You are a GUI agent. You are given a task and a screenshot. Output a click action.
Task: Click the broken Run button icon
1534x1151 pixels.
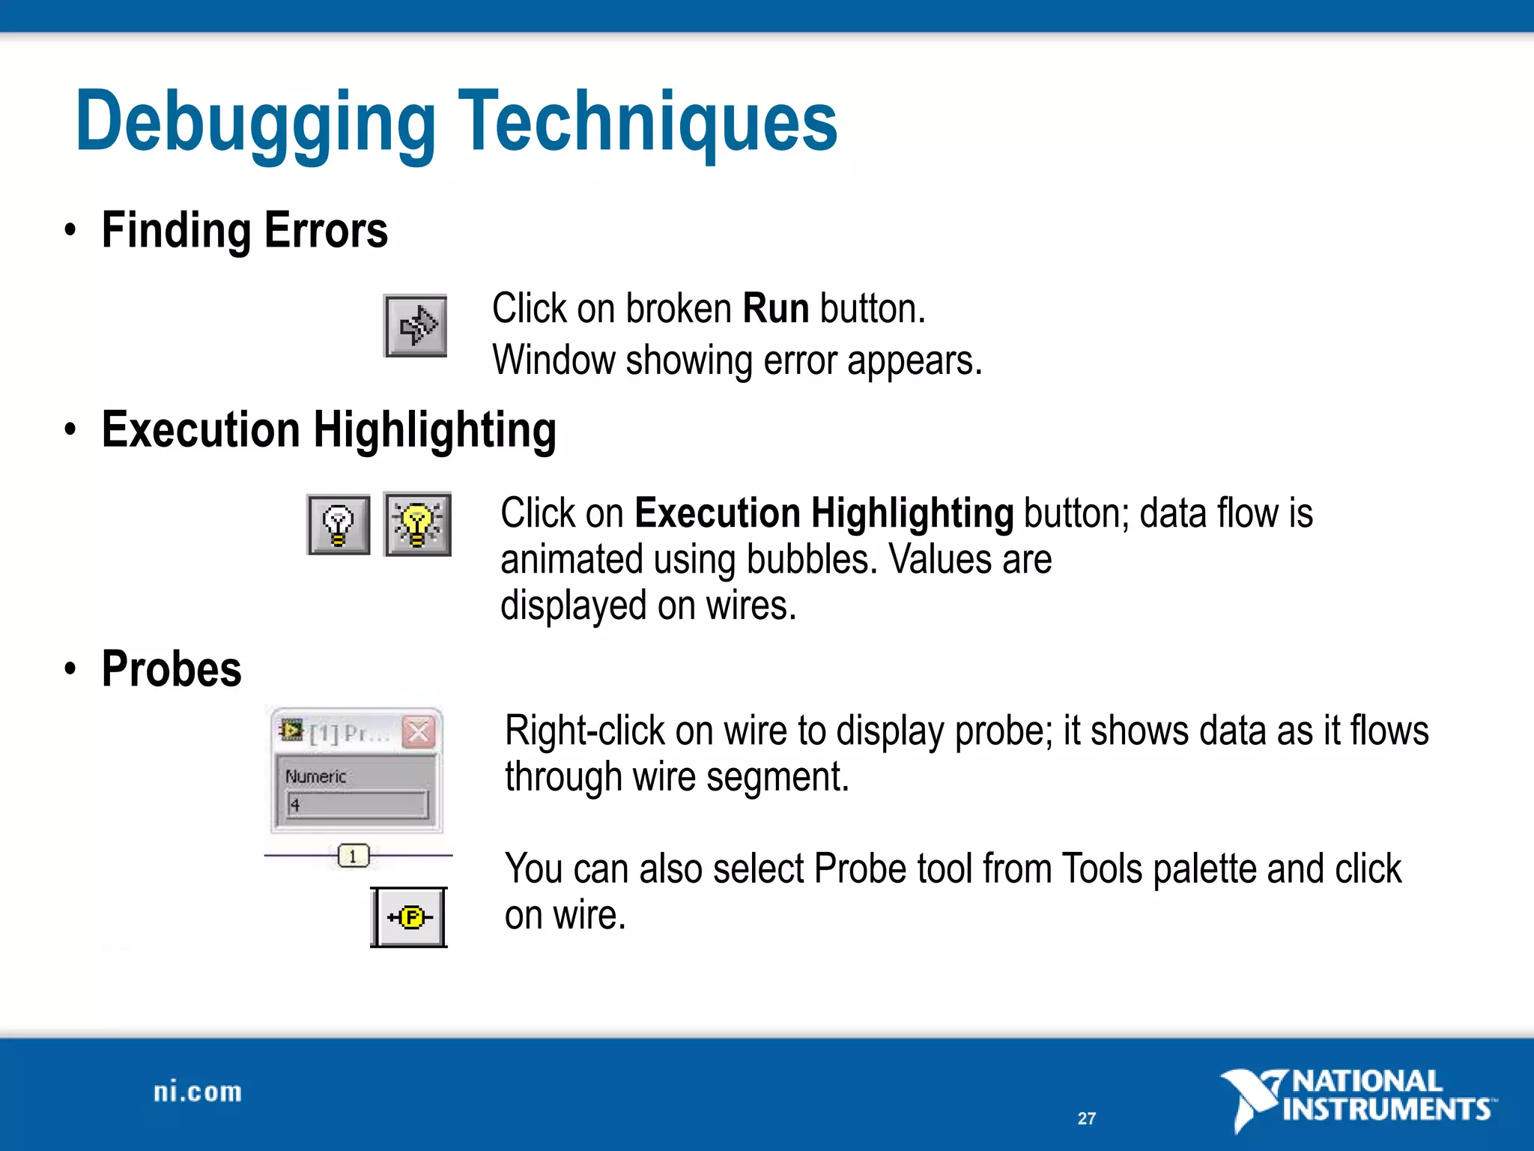[416, 326]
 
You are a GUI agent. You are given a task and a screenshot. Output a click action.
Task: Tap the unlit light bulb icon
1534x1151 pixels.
[339, 525]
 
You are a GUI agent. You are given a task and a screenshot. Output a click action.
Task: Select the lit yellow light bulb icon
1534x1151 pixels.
[418, 525]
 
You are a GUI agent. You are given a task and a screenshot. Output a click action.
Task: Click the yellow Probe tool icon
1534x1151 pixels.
[410, 917]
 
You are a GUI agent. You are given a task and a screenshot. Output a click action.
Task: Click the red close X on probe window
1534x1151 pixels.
[419, 732]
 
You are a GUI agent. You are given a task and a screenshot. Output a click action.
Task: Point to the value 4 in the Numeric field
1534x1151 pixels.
[295, 805]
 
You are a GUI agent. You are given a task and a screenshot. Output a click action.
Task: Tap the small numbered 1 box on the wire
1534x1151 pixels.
[353, 856]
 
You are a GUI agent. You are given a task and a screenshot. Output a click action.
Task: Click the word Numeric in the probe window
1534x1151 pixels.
[315, 777]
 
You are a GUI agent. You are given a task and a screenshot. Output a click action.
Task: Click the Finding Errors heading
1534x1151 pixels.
[244, 230]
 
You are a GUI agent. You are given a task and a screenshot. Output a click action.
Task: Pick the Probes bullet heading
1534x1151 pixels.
[172, 669]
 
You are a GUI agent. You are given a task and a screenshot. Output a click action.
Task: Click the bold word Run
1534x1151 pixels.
[775, 309]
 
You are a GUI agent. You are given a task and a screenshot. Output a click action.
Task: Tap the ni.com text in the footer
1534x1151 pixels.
[198, 1093]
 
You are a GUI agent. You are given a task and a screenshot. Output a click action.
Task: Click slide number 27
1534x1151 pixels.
[1086, 1119]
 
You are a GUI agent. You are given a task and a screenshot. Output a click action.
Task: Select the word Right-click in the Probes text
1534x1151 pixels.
[584, 731]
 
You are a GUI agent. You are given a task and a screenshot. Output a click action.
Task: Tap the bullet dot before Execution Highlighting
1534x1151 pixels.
[70, 430]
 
